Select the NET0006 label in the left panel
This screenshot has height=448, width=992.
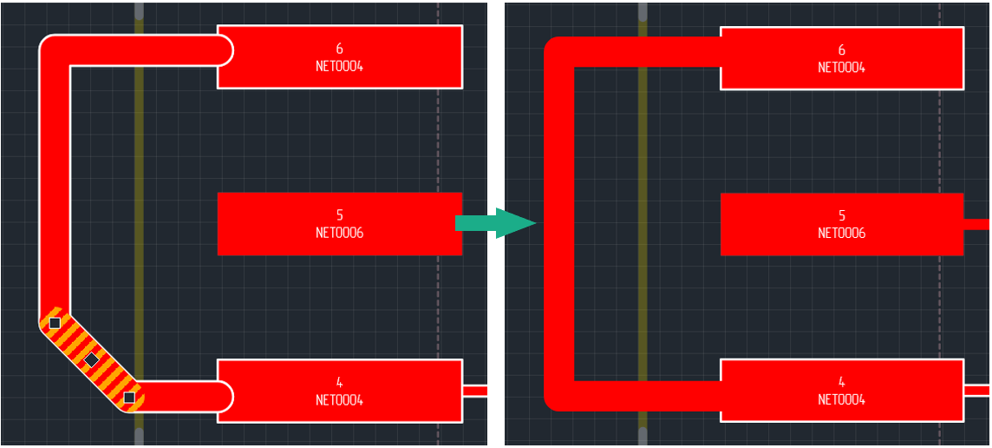[x=339, y=233]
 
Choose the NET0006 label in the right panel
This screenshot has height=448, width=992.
[x=841, y=233]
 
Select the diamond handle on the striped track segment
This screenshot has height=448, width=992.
[x=92, y=359]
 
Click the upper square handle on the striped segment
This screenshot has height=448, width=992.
[x=55, y=323]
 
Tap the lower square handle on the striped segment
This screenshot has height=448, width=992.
[x=129, y=398]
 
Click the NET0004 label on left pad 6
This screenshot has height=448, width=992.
[x=339, y=66]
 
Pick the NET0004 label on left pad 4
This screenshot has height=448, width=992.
[x=339, y=400]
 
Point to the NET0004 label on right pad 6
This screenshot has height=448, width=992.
[x=841, y=67]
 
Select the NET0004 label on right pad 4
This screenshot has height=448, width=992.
[x=841, y=399]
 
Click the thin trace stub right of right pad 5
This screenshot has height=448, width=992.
[x=976, y=224]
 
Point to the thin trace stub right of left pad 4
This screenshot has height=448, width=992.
[x=474, y=391]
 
